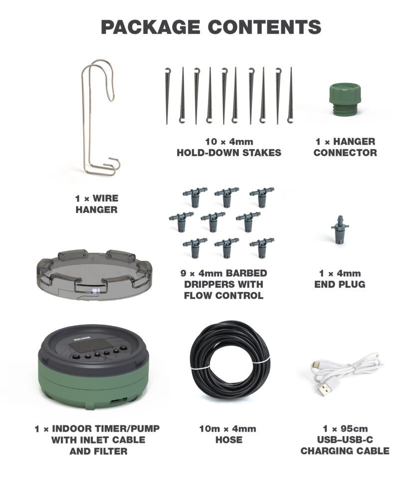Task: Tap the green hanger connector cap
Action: click(345, 100)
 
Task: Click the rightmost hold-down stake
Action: click(290, 95)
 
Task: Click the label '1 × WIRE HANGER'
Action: click(97, 204)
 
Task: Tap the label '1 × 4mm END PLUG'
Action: click(342, 279)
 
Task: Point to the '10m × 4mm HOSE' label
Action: click(229, 434)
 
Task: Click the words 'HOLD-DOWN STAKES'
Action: click(229, 153)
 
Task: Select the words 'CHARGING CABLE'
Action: click(345, 451)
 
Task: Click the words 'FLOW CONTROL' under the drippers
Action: click(223, 295)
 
